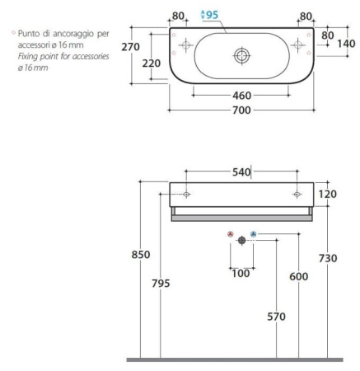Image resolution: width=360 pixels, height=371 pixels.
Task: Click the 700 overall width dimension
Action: (241, 110)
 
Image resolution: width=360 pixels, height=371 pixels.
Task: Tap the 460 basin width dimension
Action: (241, 96)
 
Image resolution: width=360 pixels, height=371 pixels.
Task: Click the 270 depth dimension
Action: (131, 47)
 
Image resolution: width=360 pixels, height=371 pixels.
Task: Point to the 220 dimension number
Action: (152, 63)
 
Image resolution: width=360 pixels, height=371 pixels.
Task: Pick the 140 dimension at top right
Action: (346, 44)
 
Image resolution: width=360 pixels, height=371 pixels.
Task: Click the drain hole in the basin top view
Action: (242, 56)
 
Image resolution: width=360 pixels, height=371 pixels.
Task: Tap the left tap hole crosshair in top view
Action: (186, 45)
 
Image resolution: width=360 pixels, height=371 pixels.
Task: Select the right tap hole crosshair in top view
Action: (297, 45)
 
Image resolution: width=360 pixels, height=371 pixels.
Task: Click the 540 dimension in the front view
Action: (241, 172)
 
